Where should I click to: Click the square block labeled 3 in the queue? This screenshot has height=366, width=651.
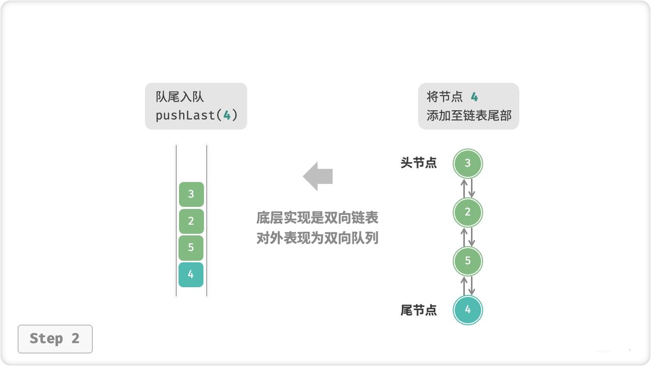pyautogui.click(x=191, y=194)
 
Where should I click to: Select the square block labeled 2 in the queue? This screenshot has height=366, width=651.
pyautogui.click(x=191, y=221)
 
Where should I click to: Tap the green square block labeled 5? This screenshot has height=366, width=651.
pyautogui.click(x=191, y=248)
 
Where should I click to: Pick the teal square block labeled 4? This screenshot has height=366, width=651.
pyautogui.click(x=191, y=274)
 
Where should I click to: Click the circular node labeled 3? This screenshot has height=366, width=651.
pyautogui.click(x=468, y=163)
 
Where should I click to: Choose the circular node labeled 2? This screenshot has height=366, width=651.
pyautogui.click(x=468, y=212)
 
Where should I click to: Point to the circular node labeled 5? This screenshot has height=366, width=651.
pyautogui.click(x=468, y=261)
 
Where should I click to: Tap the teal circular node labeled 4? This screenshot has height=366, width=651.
pyautogui.click(x=468, y=310)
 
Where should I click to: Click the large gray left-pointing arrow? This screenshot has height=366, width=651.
pyautogui.click(x=318, y=176)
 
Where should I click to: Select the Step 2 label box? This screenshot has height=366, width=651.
pyautogui.click(x=55, y=339)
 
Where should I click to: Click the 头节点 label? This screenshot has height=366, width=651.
pyautogui.click(x=419, y=163)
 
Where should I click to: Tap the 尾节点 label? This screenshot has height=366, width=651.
pyautogui.click(x=419, y=310)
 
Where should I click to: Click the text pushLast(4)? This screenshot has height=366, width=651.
pyautogui.click(x=196, y=115)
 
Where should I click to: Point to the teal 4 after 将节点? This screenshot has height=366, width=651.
pyautogui.click(x=474, y=97)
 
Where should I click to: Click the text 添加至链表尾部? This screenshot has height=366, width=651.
pyautogui.click(x=469, y=115)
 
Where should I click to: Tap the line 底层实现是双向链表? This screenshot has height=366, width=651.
pyautogui.click(x=317, y=219)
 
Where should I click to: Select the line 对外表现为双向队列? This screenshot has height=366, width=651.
pyautogui.click(x=317, y=238)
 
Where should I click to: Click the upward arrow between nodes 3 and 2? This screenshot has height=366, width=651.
pyautogui.click(x=464, y=188)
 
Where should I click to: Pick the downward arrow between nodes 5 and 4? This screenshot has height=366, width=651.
pyautogui.click(x=472, y=286)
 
